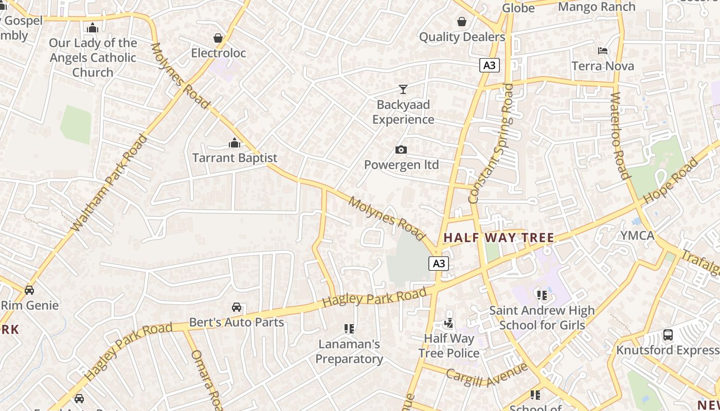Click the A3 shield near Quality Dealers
point(490,65)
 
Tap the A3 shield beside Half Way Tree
point(438,264)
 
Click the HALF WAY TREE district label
point(498,238)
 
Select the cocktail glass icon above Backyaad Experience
point(403,89)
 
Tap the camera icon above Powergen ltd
point(401,150)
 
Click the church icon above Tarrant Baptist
point(235,143)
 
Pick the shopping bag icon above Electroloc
point(218,38)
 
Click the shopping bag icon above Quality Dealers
point(462,22)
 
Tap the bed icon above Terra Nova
point(603,51)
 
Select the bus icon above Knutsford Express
point(668,335)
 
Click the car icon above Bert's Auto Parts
point(237,307)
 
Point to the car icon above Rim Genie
point(29,290)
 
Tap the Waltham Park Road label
point(108,182)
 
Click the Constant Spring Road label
point(491,144)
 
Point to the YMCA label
point(637,236)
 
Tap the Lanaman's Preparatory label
point(349,351)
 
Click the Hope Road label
point(671,180)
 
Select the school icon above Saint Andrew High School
point(542,295)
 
